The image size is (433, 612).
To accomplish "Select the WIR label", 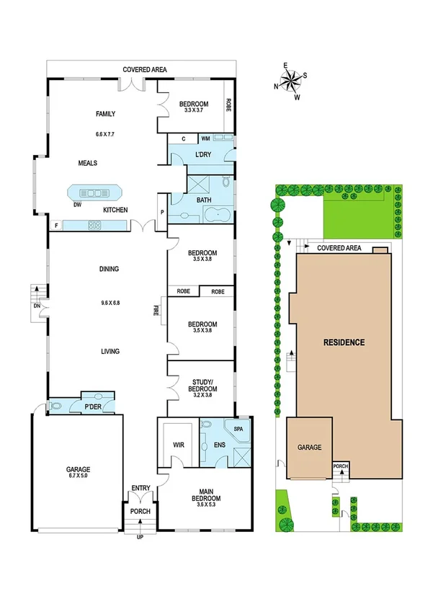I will [x=179, y=445].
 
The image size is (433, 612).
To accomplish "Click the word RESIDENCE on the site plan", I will [x=344, y=342].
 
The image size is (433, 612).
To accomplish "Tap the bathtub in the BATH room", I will [x=216, y=215].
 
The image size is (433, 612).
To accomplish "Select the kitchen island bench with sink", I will [x=94, y=193].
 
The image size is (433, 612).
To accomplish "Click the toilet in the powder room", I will [x=55, y=407].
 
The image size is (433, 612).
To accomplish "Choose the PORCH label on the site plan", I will [x=341, y=466].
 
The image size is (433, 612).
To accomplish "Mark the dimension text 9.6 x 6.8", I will [x=110, y=303].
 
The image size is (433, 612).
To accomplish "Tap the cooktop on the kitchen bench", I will [x=94, y=225].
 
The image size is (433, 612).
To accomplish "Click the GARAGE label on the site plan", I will [x=310, y=448].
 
